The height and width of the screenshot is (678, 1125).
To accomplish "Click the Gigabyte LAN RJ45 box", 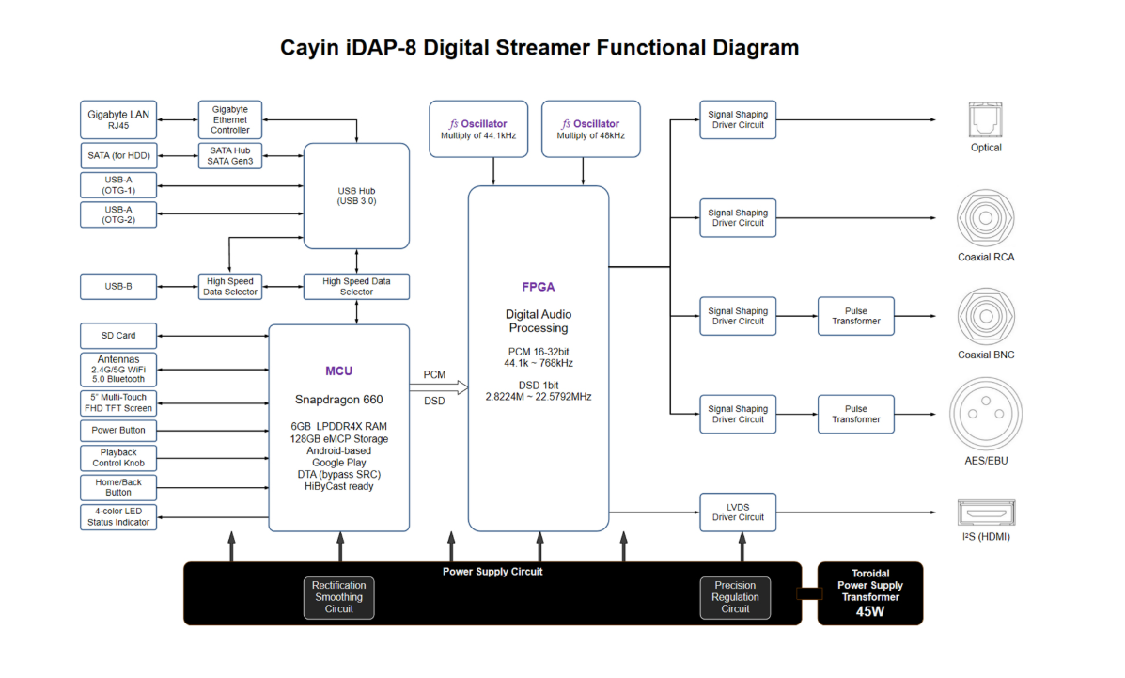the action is pos(118,119).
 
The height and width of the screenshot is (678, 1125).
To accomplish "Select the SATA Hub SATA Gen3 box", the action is pos(229,156).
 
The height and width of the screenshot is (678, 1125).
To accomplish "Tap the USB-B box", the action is pos(118,286).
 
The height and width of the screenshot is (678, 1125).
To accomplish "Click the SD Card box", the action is pos(118,336).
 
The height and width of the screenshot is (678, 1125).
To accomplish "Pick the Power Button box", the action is pos(118,430).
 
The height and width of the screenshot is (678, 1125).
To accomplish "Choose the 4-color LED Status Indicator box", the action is pos(118,517).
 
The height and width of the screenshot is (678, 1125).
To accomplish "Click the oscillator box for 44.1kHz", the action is pos(478,129).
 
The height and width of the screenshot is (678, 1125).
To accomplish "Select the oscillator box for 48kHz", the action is pos(590,129).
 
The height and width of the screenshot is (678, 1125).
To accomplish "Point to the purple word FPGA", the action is pos(539,287).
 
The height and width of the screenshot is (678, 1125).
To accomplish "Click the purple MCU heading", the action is pos(338,371).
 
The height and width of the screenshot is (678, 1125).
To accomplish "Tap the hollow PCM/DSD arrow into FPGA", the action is pos(439,387).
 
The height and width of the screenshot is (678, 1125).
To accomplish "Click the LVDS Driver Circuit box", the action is pos(738,512).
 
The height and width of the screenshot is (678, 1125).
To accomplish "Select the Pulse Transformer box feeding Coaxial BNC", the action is pos(856,316).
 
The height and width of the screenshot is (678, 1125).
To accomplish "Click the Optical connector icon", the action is pos(985,119).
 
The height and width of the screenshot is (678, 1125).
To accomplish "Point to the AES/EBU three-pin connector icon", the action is pos(986,414).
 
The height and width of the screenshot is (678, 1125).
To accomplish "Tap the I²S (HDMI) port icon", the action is pos(987,512).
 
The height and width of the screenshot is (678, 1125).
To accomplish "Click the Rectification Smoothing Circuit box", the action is pos(338,597).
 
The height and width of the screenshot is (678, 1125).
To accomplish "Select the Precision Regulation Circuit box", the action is pos(735,597).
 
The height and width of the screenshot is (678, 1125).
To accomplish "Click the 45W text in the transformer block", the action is pos(870,612).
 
